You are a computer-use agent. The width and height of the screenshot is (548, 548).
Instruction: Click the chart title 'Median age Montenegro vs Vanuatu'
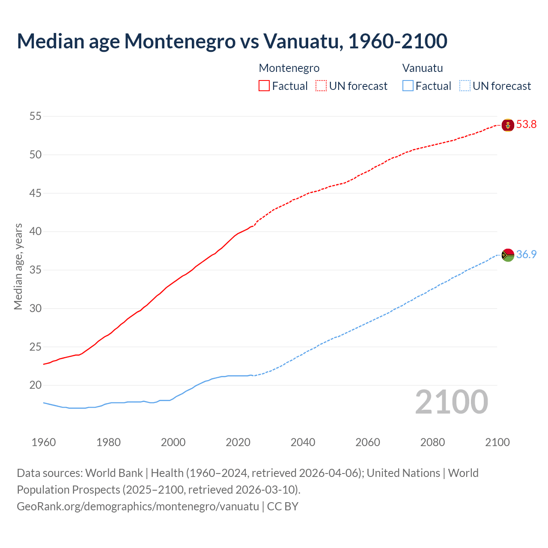coord(232,41)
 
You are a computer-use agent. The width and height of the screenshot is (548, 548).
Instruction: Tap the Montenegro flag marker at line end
coord(507,125)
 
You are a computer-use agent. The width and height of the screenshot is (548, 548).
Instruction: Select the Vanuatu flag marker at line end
coord(507,255)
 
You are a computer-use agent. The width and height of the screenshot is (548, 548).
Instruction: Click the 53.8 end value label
coord(526,125)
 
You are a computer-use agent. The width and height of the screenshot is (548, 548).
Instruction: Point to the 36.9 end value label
coord(526,254)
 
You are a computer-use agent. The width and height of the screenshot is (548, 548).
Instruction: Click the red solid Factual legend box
coord(264,86)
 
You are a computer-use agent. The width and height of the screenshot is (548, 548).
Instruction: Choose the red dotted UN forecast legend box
coord(321,86)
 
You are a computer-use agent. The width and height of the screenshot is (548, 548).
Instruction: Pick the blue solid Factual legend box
coord(408,86)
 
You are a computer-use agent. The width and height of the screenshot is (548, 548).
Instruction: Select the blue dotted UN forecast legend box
coord(465,86)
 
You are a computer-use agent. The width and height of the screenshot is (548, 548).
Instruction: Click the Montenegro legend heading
coord(289,68)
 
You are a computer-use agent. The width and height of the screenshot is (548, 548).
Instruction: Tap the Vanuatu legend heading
coord(422,68)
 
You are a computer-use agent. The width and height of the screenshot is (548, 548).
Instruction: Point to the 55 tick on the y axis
coord(36,116)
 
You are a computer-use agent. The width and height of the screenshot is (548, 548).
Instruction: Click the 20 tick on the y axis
coord(36,385)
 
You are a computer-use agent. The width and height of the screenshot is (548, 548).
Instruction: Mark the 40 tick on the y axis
coord(36,232)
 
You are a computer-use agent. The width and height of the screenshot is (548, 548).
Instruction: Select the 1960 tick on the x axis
coord(44,442)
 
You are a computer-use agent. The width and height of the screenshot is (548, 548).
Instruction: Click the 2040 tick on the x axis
coord(303,442)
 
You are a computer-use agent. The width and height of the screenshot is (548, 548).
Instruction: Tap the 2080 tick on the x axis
coord(432,442)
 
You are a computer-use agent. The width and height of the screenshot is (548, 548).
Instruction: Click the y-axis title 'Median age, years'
coord(18,266)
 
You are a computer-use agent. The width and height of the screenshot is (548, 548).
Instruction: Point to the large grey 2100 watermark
coord(451,402)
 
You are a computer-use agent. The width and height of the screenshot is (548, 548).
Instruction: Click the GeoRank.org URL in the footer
coord(138,506)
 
